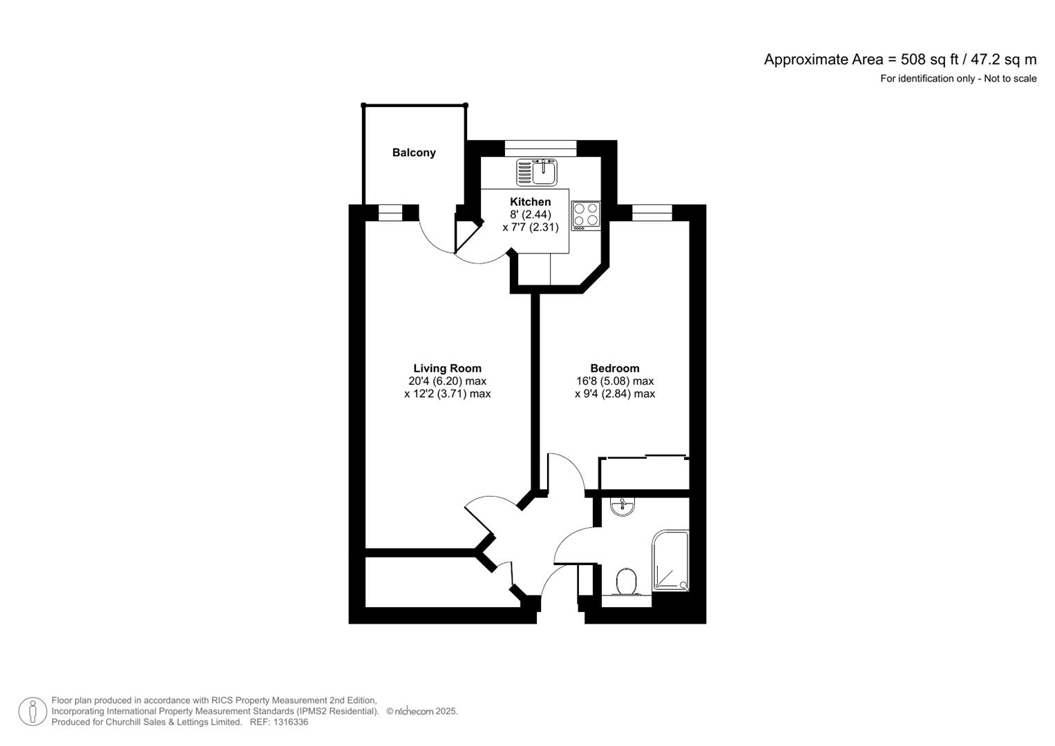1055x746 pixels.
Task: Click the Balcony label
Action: click(x=414, y=153)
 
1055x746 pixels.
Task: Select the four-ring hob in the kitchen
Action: click(x=586, y=215)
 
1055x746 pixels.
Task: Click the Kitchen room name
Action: click(x=530, y=202)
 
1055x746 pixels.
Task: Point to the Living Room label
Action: click(x=447, y=368)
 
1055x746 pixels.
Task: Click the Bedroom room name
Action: click(x=614, y=368)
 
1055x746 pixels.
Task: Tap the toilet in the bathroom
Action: click(x=627, y=582)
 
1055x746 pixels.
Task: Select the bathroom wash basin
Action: click(x=623, y=508)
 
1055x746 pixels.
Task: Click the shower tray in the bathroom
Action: click(x=670, y=560)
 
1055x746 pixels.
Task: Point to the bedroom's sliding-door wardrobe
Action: click(x=644, y=474)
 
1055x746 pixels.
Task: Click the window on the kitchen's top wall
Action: click(x=540, y=147)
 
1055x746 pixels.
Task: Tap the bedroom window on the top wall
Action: click(x=652, y=213)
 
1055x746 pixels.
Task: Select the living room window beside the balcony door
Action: click(x=390, y=213)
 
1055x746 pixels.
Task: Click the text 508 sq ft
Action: click(x=925, y=59)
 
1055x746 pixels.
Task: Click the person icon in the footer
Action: click(x=32, y=711)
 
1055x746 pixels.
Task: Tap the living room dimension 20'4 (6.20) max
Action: click(x=447, y=381)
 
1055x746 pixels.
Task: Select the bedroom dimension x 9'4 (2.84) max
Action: click(x=614, y=394)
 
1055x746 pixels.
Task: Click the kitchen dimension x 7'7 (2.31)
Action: click(x=530, y=227)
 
